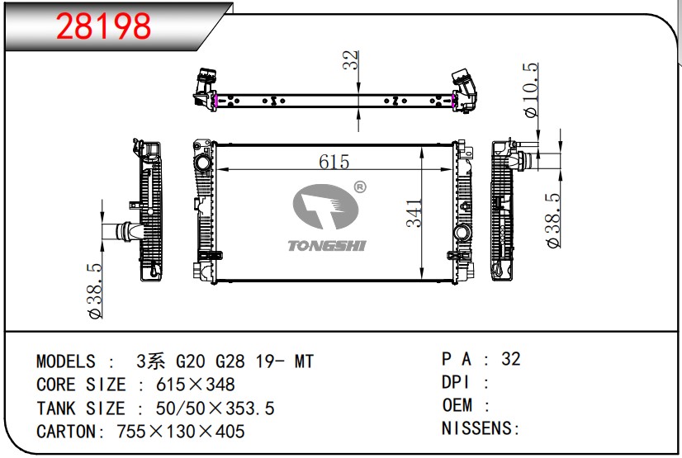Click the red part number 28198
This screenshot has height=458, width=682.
tap(103, 26)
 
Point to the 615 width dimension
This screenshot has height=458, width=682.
tap(334, 162)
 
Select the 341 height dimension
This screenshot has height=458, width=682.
tap(414, 214)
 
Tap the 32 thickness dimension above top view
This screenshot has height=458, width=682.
tap(350, 60)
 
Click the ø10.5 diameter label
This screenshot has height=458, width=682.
tap(531, 90)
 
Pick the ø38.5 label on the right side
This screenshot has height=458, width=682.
tap(553, 220)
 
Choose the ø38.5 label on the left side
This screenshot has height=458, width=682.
tap(95, 290)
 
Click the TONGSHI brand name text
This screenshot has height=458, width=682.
tap(327, 246)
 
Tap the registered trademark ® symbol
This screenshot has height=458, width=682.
tap(360, 187)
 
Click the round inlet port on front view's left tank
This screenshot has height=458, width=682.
tap(202, 164)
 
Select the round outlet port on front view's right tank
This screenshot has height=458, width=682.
tap(462, 233)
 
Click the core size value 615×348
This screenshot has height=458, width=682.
tap(196, 385)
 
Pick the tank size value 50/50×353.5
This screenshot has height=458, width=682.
tap(215, 408)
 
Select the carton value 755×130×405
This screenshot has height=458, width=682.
tap(181, 432)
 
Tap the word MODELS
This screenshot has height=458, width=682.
tap(66, 361)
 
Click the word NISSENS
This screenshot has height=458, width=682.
tap(477, 428)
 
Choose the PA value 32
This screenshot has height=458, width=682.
tap(511, 359)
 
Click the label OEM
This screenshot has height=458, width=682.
tap(457, 405)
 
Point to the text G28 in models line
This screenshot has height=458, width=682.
tap(230, 361)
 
